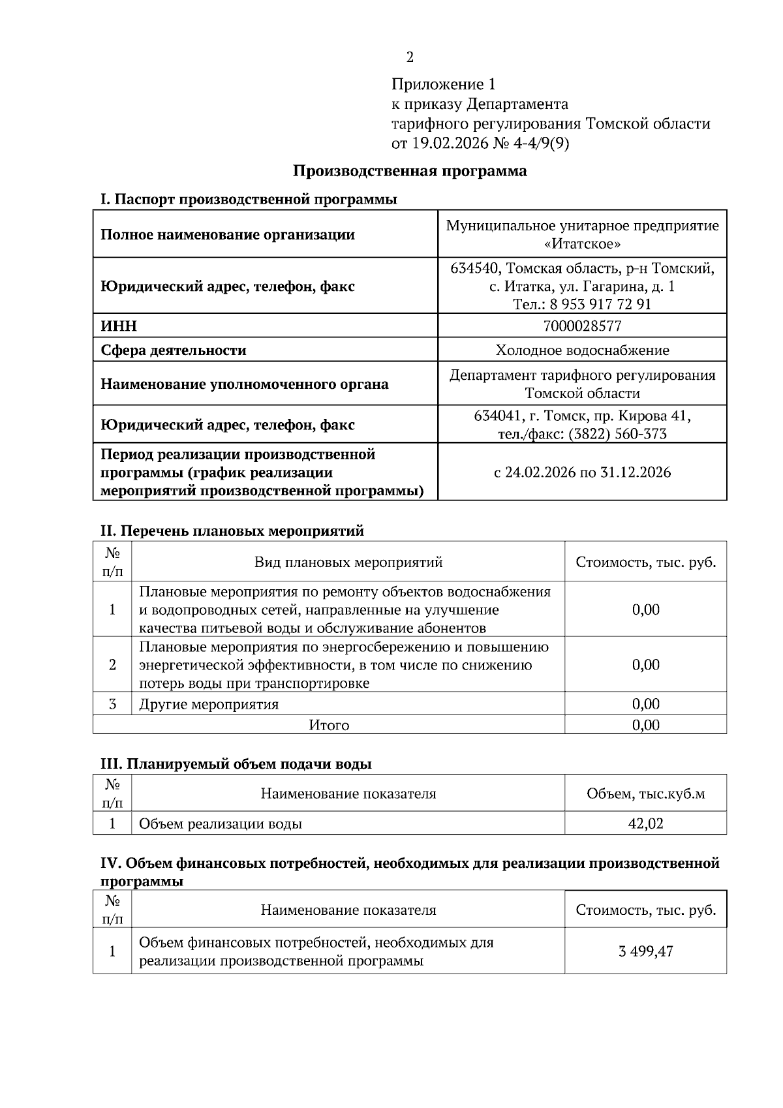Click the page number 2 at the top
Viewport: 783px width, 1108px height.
click(x=410, y=57)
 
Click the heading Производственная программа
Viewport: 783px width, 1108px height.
click(x=409, y=171)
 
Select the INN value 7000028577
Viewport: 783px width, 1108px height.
click(x=582, y=326)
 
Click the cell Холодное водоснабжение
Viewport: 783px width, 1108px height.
click(x=582, y=350)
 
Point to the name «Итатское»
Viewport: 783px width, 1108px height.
click(x=582, y=244)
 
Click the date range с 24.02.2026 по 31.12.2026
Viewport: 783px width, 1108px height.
click(x=582, y=472)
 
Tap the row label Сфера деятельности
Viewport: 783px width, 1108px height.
click(x=173, y=350)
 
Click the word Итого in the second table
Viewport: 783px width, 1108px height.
click(x=329, y=725)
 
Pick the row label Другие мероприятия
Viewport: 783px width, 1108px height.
click(x=209, y=704)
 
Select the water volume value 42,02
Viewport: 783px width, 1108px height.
click(x=645, y=823)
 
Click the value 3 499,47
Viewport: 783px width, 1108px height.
click(x=645, y=951)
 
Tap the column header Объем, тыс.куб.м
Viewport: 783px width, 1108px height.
click(x=645, y=794)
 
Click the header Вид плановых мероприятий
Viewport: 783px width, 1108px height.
click(x=348, y=562)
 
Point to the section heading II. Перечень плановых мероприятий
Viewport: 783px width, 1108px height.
click(x=232, y=531)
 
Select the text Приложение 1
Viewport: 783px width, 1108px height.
click(x=444, y=84)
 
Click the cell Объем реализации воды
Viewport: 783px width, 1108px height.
click(x=221, y=824)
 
